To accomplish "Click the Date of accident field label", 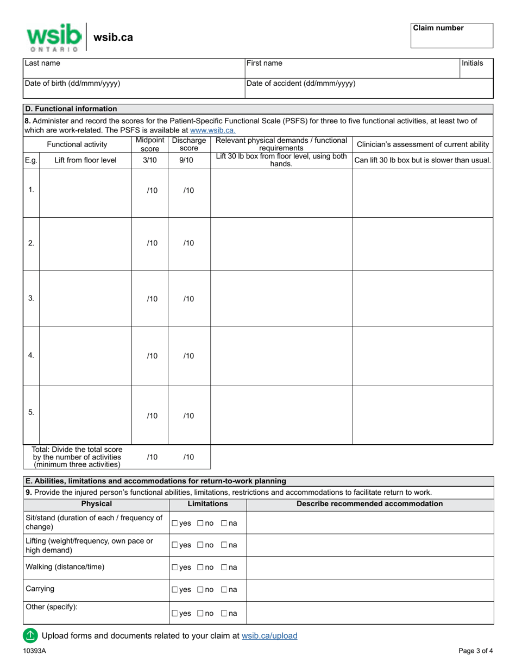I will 301,84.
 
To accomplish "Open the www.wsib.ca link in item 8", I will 213,130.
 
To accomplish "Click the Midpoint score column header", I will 150,144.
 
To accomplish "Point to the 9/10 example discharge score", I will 186,160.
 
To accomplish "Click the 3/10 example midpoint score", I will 150,160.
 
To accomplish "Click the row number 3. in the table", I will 31,298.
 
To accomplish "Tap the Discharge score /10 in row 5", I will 188,416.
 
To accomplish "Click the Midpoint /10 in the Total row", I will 152,457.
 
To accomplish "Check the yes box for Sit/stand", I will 175,524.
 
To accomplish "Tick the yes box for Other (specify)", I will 175,614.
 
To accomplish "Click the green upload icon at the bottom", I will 30,635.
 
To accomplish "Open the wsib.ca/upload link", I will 269,636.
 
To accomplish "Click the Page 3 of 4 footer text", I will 476,651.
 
